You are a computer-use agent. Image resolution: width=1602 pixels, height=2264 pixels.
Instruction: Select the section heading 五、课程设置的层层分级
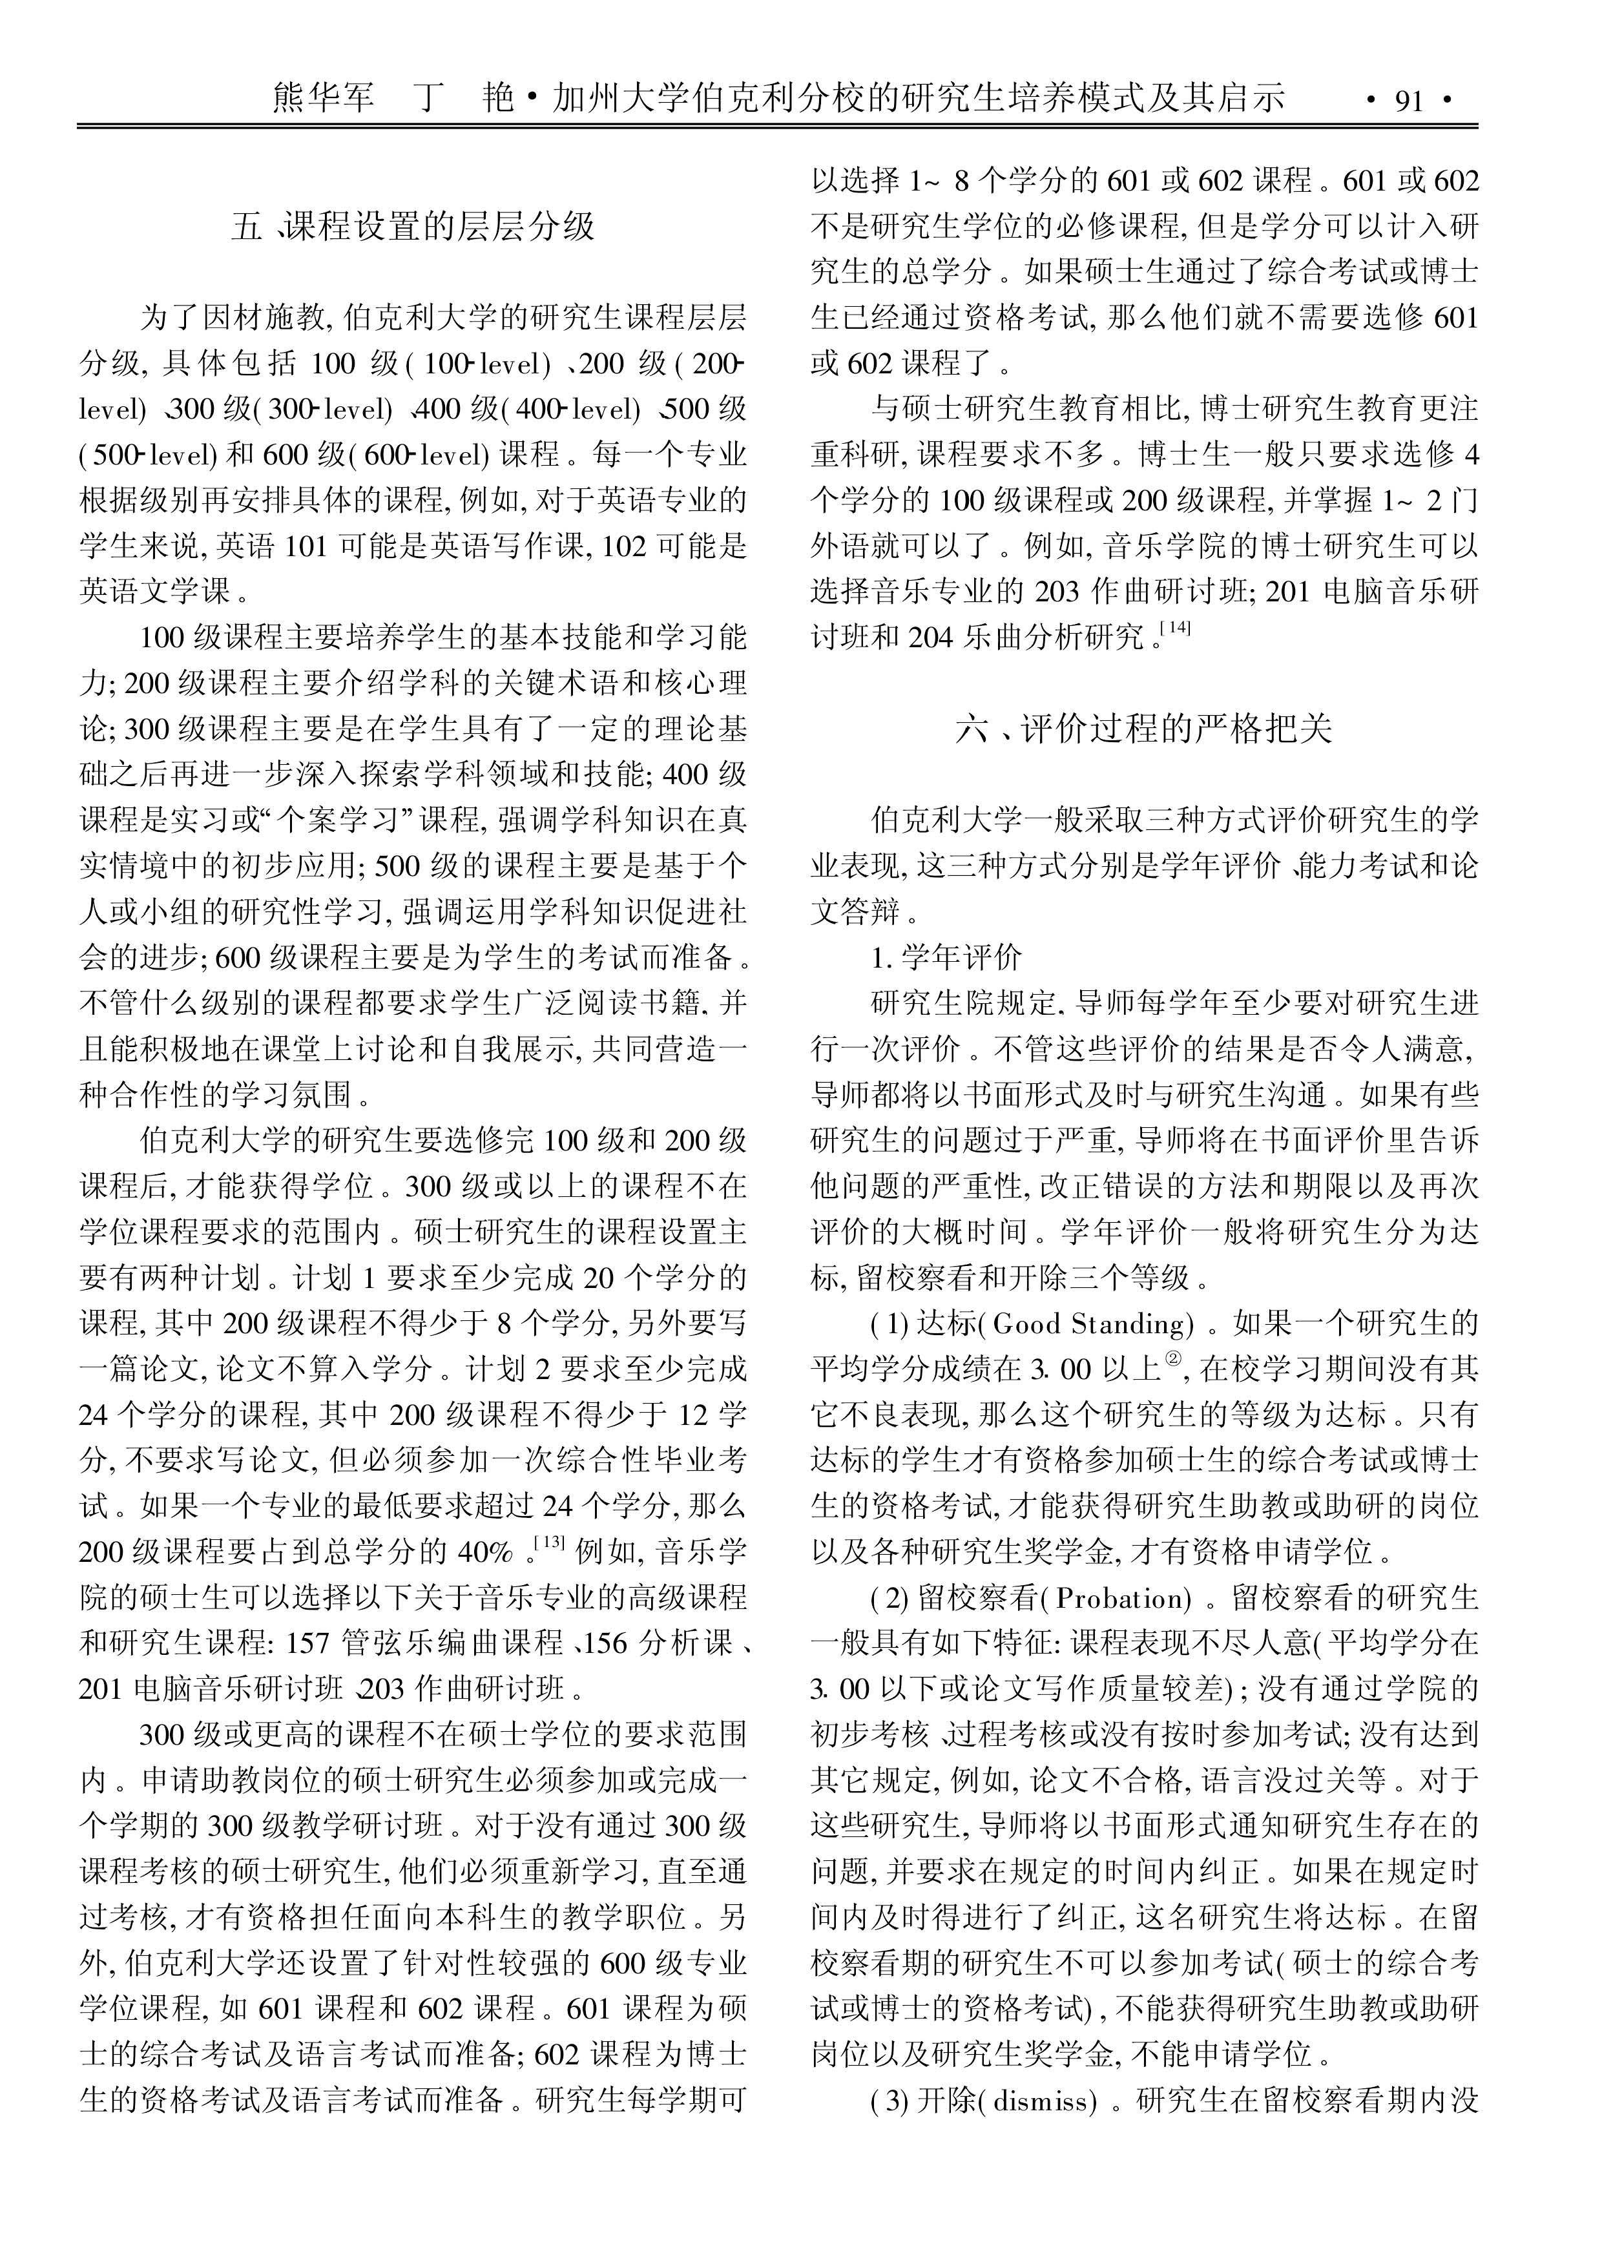click(x=413, y=228)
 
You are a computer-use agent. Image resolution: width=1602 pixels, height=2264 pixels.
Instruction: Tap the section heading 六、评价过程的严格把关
click(x=1143, y=729)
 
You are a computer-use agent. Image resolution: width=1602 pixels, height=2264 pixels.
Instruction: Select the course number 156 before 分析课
click(x=606, y=1643)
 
